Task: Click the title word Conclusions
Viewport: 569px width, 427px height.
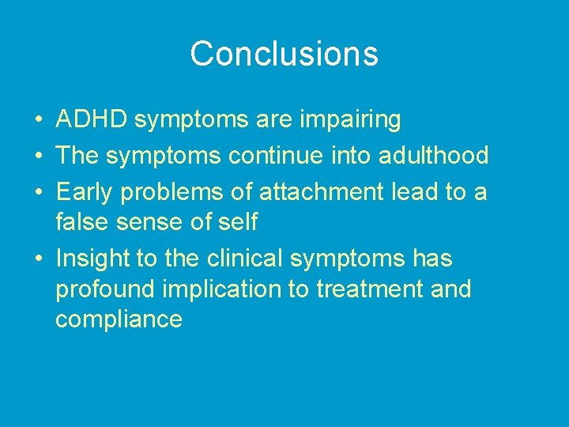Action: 284,54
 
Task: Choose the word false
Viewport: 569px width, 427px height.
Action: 81,223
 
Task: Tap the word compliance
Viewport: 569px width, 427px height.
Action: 119,319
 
